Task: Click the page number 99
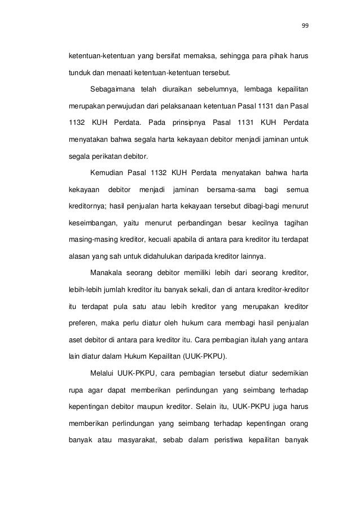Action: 305,25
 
